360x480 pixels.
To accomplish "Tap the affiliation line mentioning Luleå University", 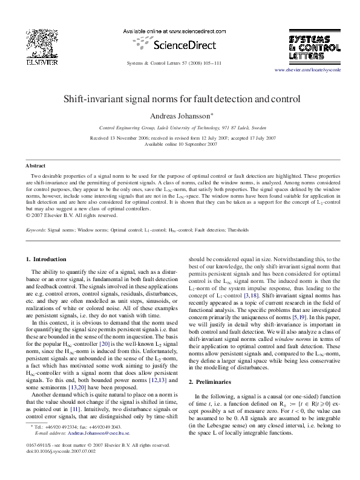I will point(179,129).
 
